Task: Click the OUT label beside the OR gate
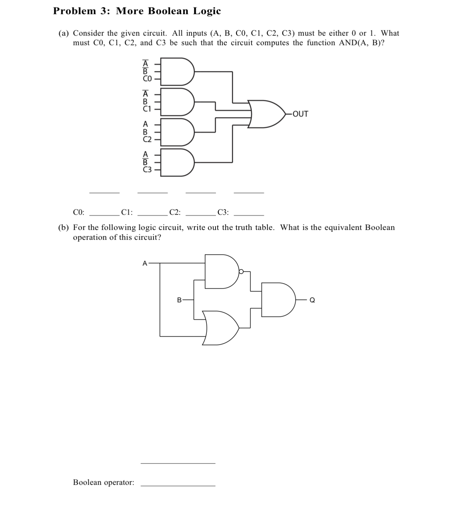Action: tap(300, 114)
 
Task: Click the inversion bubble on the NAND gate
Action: tap(241, 272)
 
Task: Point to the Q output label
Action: tap(312, 300)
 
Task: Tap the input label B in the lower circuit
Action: tap(179, 300)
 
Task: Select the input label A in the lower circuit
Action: tap(144, 263)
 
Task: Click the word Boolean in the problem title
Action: tap(168, 11)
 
